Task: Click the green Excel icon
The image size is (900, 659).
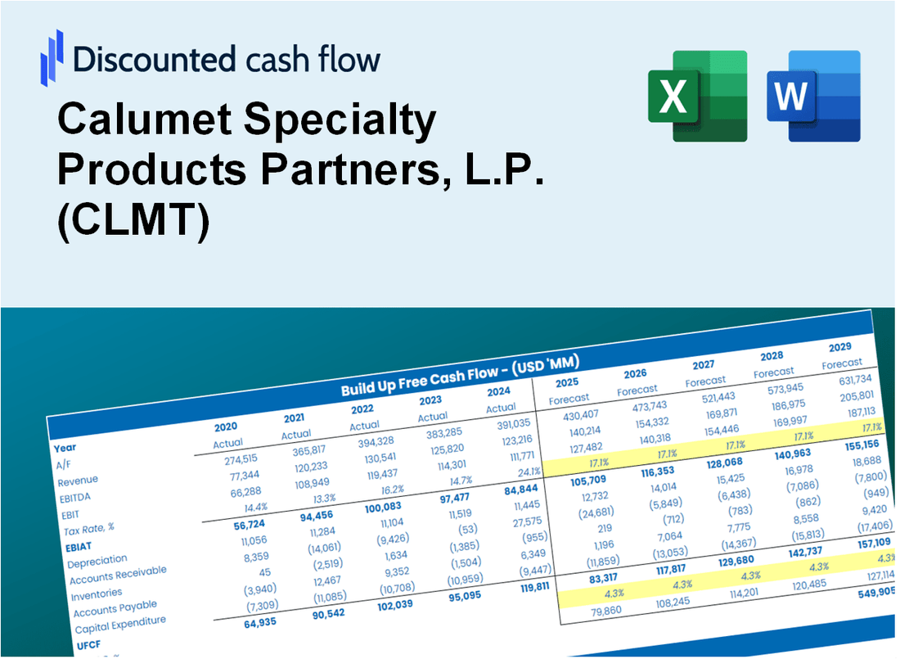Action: [697, 96]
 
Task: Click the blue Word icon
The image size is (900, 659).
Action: [813, 96]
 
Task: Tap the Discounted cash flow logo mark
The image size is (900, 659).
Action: [52, 58]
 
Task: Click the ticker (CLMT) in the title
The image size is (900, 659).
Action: [133, 221]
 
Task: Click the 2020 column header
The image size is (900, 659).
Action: [226, 427]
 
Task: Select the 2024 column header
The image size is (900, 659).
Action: [499, 390]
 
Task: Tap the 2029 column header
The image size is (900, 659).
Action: [839, 346]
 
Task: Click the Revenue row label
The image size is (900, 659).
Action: [78, 481]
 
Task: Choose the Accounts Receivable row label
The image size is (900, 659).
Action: [117, 575]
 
